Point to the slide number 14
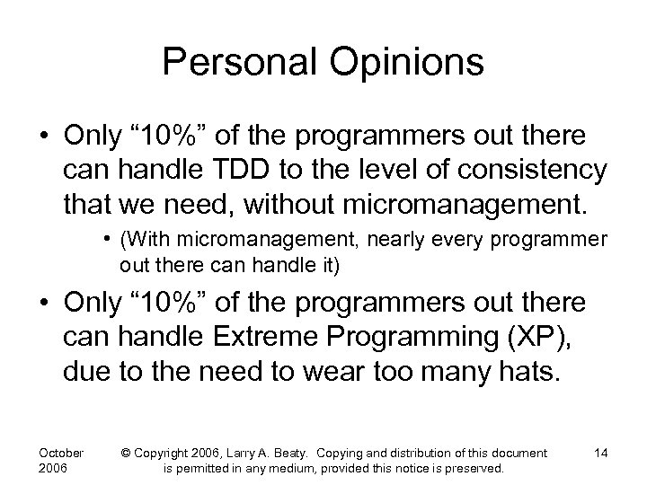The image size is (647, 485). [x=600, y=453]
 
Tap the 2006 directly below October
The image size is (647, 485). [x=53, y=469]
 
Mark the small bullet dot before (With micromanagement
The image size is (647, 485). [x=107, y=241]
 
